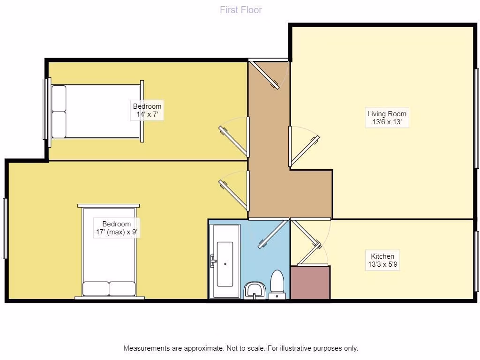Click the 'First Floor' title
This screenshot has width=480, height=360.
coord(241,10)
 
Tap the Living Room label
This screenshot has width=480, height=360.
coord(387,118)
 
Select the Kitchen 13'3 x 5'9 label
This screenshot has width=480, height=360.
coord(382,260)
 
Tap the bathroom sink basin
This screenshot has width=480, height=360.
coord(255,290)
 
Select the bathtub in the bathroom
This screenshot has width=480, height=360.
coord(225,261)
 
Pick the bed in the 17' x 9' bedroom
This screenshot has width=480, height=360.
coord(109,251)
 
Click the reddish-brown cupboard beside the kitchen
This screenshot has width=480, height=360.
coord(310,282)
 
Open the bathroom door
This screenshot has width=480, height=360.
coord(273,234)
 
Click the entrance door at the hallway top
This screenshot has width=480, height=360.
coord(264,75)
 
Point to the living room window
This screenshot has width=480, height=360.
coord(476,118)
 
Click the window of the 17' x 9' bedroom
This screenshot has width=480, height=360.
coord(5,228)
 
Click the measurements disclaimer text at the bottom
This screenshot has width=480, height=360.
coord(240,348)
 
